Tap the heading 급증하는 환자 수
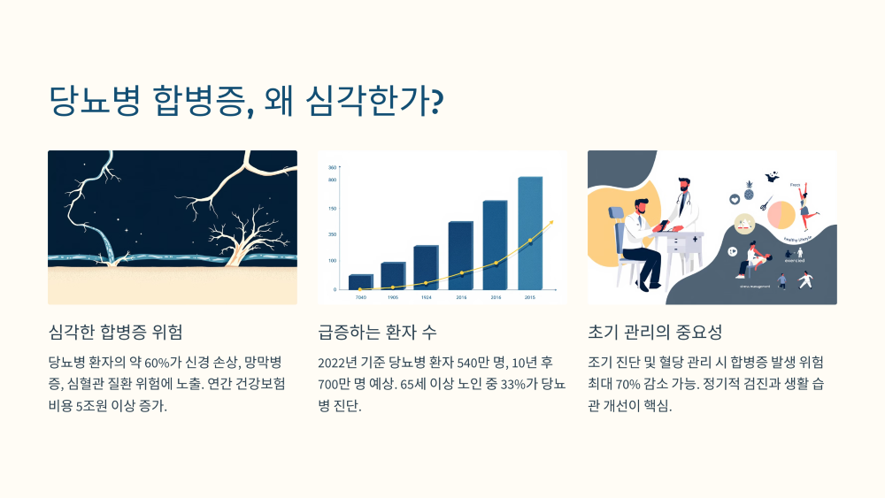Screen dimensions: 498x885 (x=377, y=333)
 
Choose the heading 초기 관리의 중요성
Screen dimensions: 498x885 (x=655, y=333)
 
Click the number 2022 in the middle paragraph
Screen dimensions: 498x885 (x=335, y=363)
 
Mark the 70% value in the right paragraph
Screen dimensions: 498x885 (x=637, y=385)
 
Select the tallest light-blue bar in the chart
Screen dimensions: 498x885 (x=529, y=233)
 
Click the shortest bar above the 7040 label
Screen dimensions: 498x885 (x=360, y=281)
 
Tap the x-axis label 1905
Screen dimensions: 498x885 (x=393, y=298)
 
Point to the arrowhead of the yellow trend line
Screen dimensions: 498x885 (x=552, y=222)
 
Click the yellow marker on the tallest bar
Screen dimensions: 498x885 (x=530, y=241)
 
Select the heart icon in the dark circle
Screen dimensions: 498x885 (x=735, y=200)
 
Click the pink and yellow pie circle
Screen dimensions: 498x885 (x=781, y=215)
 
